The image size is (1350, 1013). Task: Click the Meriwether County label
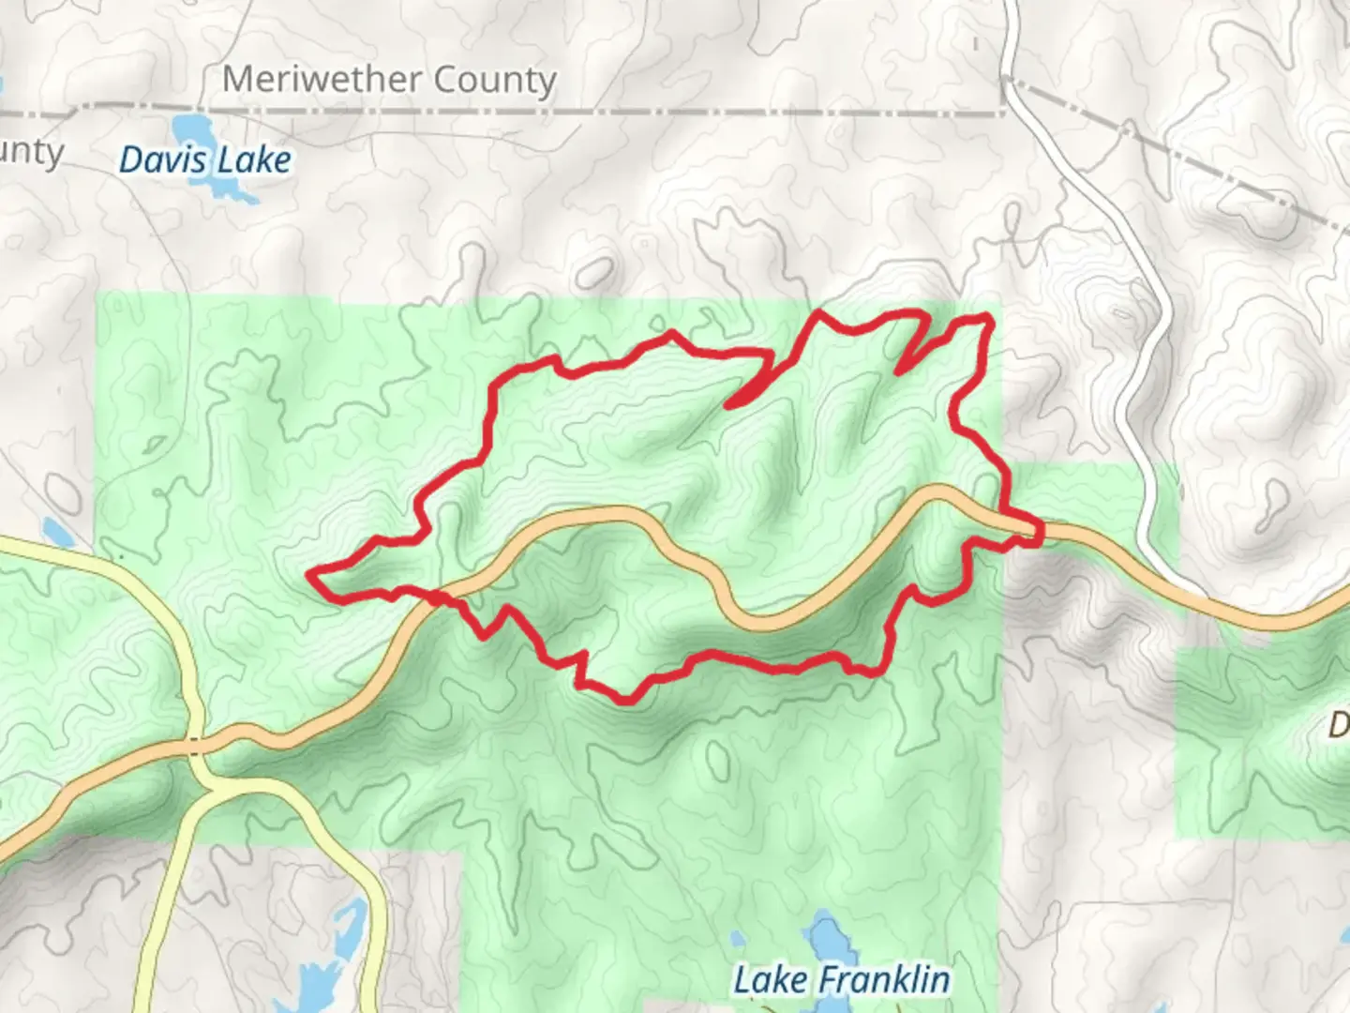click(x=389, y=80)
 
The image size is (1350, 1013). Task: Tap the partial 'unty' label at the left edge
click(x=32, y=152)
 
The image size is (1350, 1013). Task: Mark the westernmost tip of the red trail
click(x=309, y=571)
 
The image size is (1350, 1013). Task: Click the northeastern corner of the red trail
click(x=988, y=321)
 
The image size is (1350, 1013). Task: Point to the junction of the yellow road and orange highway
click(x=195, y=746)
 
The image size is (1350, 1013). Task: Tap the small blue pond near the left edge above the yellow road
click(x=56, y=533)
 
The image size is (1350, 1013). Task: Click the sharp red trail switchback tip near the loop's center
click(x=728, y=406)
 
